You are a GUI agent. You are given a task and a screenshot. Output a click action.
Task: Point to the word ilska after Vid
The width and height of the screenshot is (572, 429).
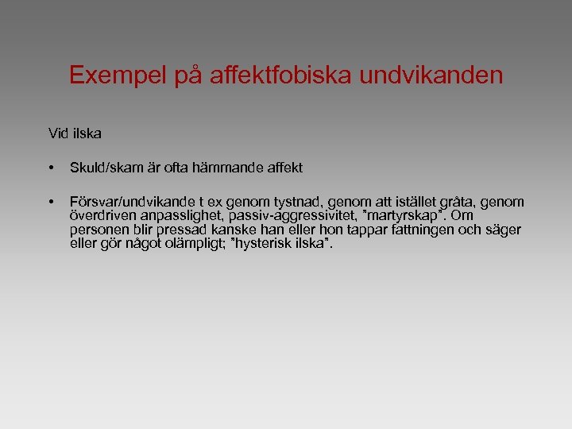point(87,133)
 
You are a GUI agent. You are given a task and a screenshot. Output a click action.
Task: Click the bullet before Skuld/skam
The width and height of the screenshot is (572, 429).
point(51,168)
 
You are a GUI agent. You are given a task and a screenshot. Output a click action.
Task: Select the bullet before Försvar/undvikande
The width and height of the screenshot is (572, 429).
point(51,203)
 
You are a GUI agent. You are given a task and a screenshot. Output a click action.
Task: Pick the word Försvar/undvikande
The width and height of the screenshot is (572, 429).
point(131,203)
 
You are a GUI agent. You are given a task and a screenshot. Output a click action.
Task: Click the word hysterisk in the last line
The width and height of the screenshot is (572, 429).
point(268,243)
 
